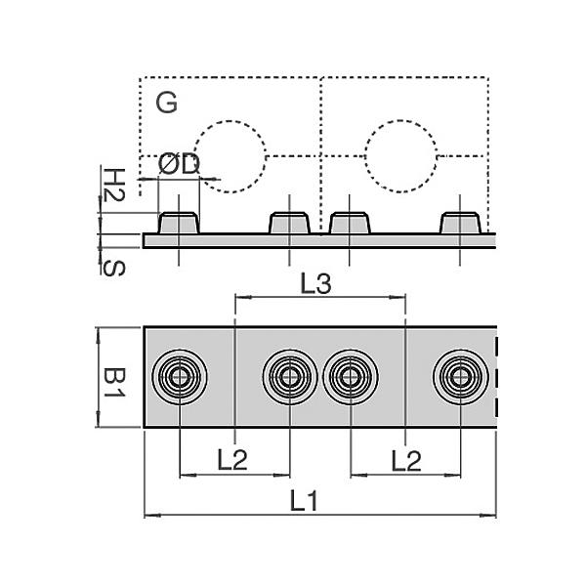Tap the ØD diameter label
[x=178, y=164]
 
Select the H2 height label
[x=114, y=184]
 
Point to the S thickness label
[x=114, y=266]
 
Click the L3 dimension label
[x=316, y=284]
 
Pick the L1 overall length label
[x=306, y=502]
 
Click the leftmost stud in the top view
[x=180, y=376]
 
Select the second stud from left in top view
[x=289, y=376]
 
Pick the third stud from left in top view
[x=350, y=376]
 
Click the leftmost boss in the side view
[x=180, y=223]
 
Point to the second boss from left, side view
[x=289, y=223]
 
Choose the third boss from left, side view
[x=351, y=223]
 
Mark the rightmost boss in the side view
[x=460, y=223]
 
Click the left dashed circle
[x=230, y=156]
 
